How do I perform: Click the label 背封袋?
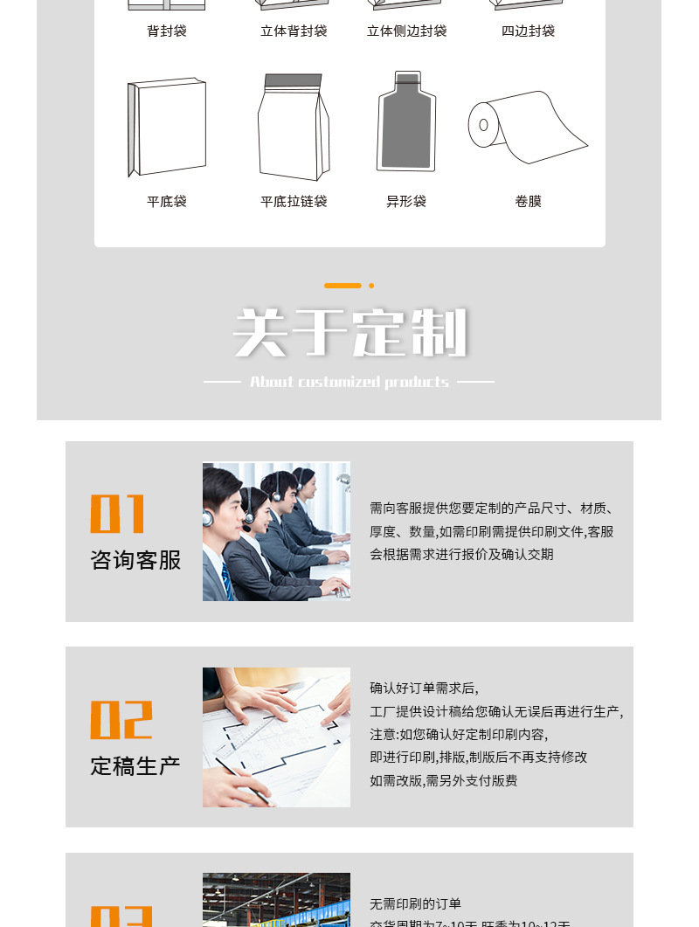[x=166, y=31]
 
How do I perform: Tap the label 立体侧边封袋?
[x=406, y=31]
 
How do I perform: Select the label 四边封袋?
[x=528, y=31]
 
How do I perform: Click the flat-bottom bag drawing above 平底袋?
[x=167, y=128]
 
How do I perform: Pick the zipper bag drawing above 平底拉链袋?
[x=293, y=128]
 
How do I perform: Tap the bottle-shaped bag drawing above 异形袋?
[x=406, y=122]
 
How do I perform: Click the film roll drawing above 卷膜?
[x=527, y=127]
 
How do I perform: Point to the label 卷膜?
[x=528, y=202]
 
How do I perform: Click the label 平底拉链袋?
[x=294, y=202]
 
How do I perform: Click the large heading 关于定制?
[x=349, y=334]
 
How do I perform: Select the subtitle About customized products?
[x=349, y=382]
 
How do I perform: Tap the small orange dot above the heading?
[x=371, y=286]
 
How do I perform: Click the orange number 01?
[x=117, y=514]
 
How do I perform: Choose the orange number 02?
[x=121, y=720]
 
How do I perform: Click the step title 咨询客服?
[x=135, y=560]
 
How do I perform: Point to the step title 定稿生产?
[x=135, y=766]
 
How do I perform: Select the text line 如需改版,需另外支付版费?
[x=443, y=781]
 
